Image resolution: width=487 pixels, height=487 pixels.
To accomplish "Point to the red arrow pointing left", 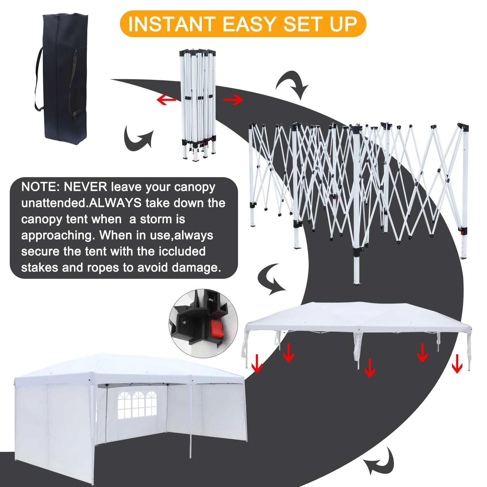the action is coord(166,100).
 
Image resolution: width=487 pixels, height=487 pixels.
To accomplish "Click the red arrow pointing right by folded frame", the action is coord(233,100).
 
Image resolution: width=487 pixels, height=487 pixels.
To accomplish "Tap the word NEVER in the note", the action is coord(86,187).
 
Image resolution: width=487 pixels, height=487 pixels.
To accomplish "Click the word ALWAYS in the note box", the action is coord(116,203).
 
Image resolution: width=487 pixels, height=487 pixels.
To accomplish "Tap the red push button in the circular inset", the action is coord(217,328).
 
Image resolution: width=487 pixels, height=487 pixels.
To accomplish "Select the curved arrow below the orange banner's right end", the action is coord(292,85).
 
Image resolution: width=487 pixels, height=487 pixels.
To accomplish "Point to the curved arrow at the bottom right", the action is coord(379,462).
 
